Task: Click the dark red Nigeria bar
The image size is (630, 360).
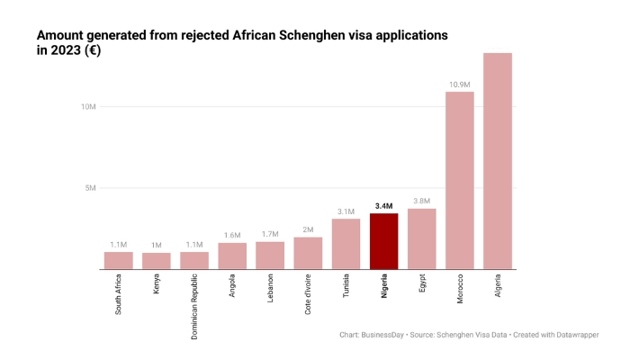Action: pos(383,240)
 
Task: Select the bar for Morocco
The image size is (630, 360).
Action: pos(459,180)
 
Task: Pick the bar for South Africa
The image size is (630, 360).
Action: pos(118,260)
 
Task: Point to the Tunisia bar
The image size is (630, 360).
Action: pos(346,244)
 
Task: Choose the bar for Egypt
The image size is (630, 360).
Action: pos(421,238)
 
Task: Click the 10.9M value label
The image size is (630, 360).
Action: pos(459,85)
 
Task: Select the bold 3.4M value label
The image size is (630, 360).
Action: pos(383,206)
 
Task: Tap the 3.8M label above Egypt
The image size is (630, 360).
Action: pos(421,202)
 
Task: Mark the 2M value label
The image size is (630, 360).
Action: pos(308,230)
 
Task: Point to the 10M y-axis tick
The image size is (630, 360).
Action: pos(88,107)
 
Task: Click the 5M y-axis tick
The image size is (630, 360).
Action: pos(90,188)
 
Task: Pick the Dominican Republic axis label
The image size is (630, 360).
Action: pos(194,308)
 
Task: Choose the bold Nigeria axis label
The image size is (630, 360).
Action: pos(383,291)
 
